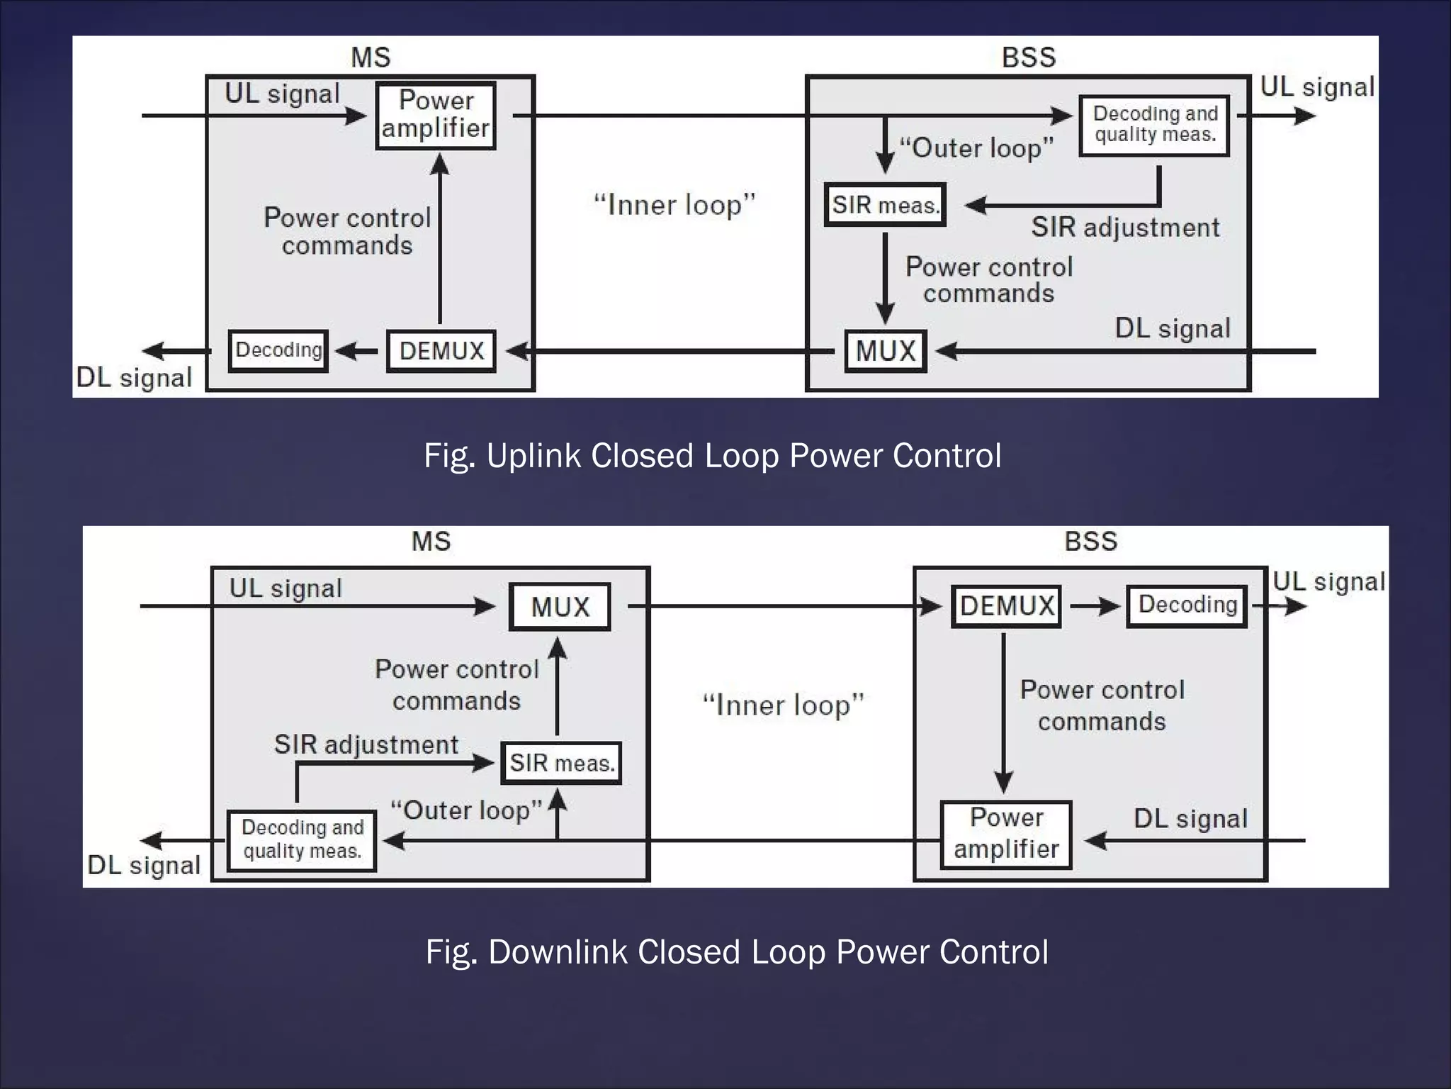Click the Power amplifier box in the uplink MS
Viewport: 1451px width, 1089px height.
click(x=435, y=115)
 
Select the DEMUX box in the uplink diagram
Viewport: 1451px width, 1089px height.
click(x=441, y=351)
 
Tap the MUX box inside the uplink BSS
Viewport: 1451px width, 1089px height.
click(x=886, y=351)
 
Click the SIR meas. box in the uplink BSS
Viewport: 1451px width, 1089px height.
click(x=885, y=205)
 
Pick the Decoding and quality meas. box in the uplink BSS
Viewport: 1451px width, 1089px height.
click(x=1154, y=125)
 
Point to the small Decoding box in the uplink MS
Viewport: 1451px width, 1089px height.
click(x=278, y=350)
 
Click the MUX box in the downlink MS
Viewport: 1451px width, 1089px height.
click(x=560, y=607)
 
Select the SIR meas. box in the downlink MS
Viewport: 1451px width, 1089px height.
click(x=561, y=763)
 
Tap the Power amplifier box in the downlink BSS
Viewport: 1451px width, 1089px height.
click(x=1006, y=834)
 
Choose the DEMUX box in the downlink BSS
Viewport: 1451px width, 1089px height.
click(x=1006, y=606)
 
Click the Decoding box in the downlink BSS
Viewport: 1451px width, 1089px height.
click(x=1187, y=605)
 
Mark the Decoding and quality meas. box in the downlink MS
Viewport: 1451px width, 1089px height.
click(x=302, y=840)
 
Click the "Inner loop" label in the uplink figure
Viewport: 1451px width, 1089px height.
click(x=674, y=205)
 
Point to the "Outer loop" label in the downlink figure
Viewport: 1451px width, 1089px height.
click(x=466, y=810)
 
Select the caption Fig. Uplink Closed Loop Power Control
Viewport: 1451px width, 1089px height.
click(x=712, y=456)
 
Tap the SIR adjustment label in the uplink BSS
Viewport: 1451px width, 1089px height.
click(x=1124, y=228)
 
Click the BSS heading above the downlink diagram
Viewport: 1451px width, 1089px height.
click(x=1090, y=542)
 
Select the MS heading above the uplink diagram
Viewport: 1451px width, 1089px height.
click(x=371, y=57)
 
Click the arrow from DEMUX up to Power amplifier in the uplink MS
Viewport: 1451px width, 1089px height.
click(x=440, y=241)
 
